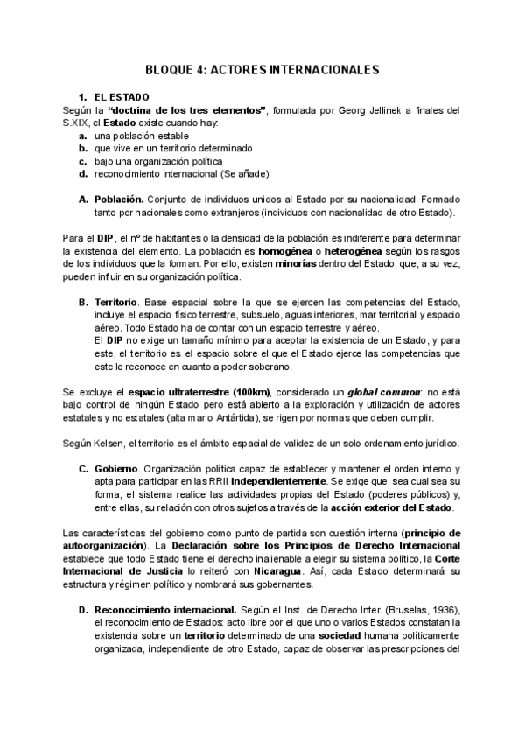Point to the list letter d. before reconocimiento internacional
point(82,173)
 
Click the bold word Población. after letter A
point(119,199)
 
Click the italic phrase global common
point(383,390)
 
